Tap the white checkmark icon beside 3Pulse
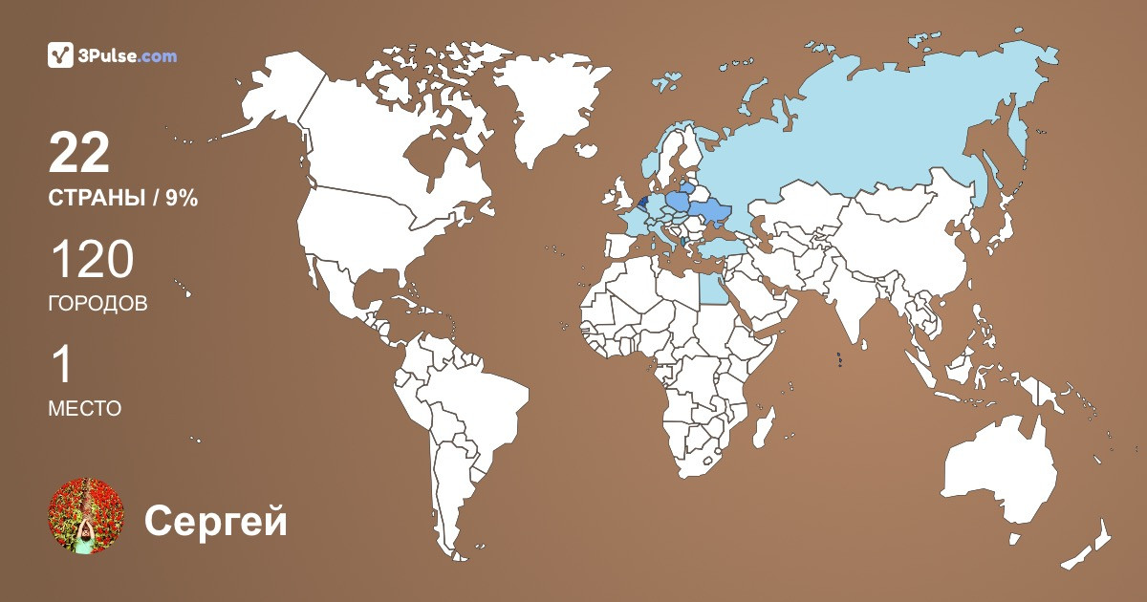point(60,55)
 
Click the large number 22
point(79,153)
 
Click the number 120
point(91,260)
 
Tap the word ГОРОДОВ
point(97,304)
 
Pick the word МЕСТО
point(84,409)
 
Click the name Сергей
point(215,521)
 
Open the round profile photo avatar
point(86,516)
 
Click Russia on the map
point(860,124)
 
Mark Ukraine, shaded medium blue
point(712,211)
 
